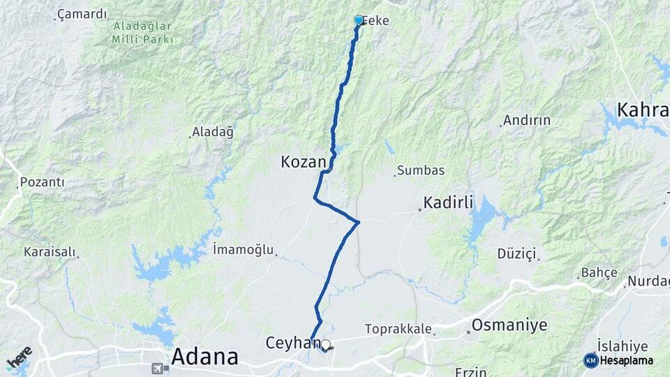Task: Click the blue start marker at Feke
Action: [359, 20]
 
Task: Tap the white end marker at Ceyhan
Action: [325, 344]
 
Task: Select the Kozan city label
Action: [303, 162]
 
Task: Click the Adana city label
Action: [204, 356]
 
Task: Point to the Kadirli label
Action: [448, 202]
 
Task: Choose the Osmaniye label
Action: [509, 325]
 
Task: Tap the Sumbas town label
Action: [421, 170]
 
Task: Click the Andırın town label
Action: [527, 120]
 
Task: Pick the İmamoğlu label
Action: [243, 249]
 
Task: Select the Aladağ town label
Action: [213, 131]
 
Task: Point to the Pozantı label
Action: [42, 182]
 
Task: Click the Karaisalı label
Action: [49, 251]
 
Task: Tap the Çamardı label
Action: [82, 13]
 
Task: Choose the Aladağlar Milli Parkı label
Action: [142, 32]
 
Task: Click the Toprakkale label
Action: [399, 329]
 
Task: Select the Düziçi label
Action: [516, 253]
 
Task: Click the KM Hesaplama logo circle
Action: [590, 360]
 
